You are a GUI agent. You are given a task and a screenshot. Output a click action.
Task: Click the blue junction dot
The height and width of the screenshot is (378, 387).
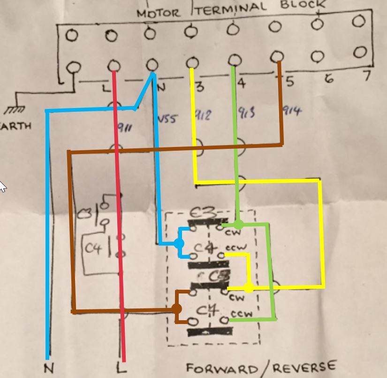pyautogui.click(x=179, y=243)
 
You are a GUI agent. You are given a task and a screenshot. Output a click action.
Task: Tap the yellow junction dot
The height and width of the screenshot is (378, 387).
pyautogui.click(x=249, y=287)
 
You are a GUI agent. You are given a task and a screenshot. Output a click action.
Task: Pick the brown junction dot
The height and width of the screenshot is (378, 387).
pyautogui.click(x=176, y=309)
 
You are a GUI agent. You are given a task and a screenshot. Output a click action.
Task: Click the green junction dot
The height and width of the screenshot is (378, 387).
pyautogui.click(x=238, y=224)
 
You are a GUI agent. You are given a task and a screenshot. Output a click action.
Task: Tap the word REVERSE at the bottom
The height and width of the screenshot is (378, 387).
pyautogui.click(x=310, y=366)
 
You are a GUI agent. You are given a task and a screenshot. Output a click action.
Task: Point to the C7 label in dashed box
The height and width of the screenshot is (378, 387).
pyautogui.click(x=207, y=310)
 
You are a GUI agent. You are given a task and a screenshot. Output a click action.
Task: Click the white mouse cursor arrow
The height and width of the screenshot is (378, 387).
pyautogui.click(x=3, y=186)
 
